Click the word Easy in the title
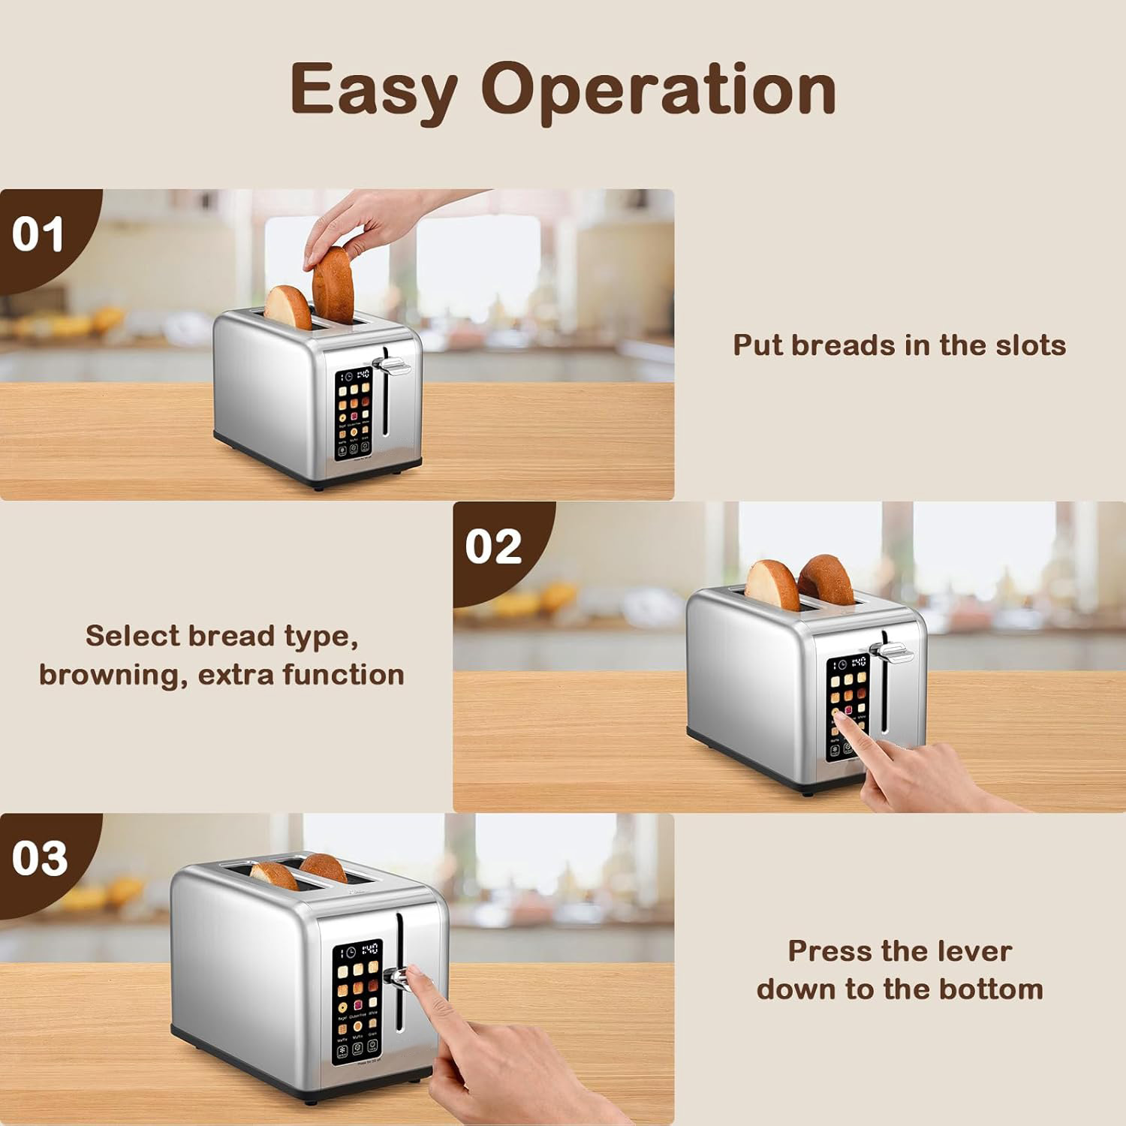click(x=373, y=90)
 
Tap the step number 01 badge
click(x=38, y=234)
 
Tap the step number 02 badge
click(x=492, y=546)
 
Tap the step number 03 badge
click(x=39, y=858)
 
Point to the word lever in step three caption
click(x=973, y=951)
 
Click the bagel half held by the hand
click(x=333, y=287)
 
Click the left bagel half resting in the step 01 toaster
click(x=288, y=306)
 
